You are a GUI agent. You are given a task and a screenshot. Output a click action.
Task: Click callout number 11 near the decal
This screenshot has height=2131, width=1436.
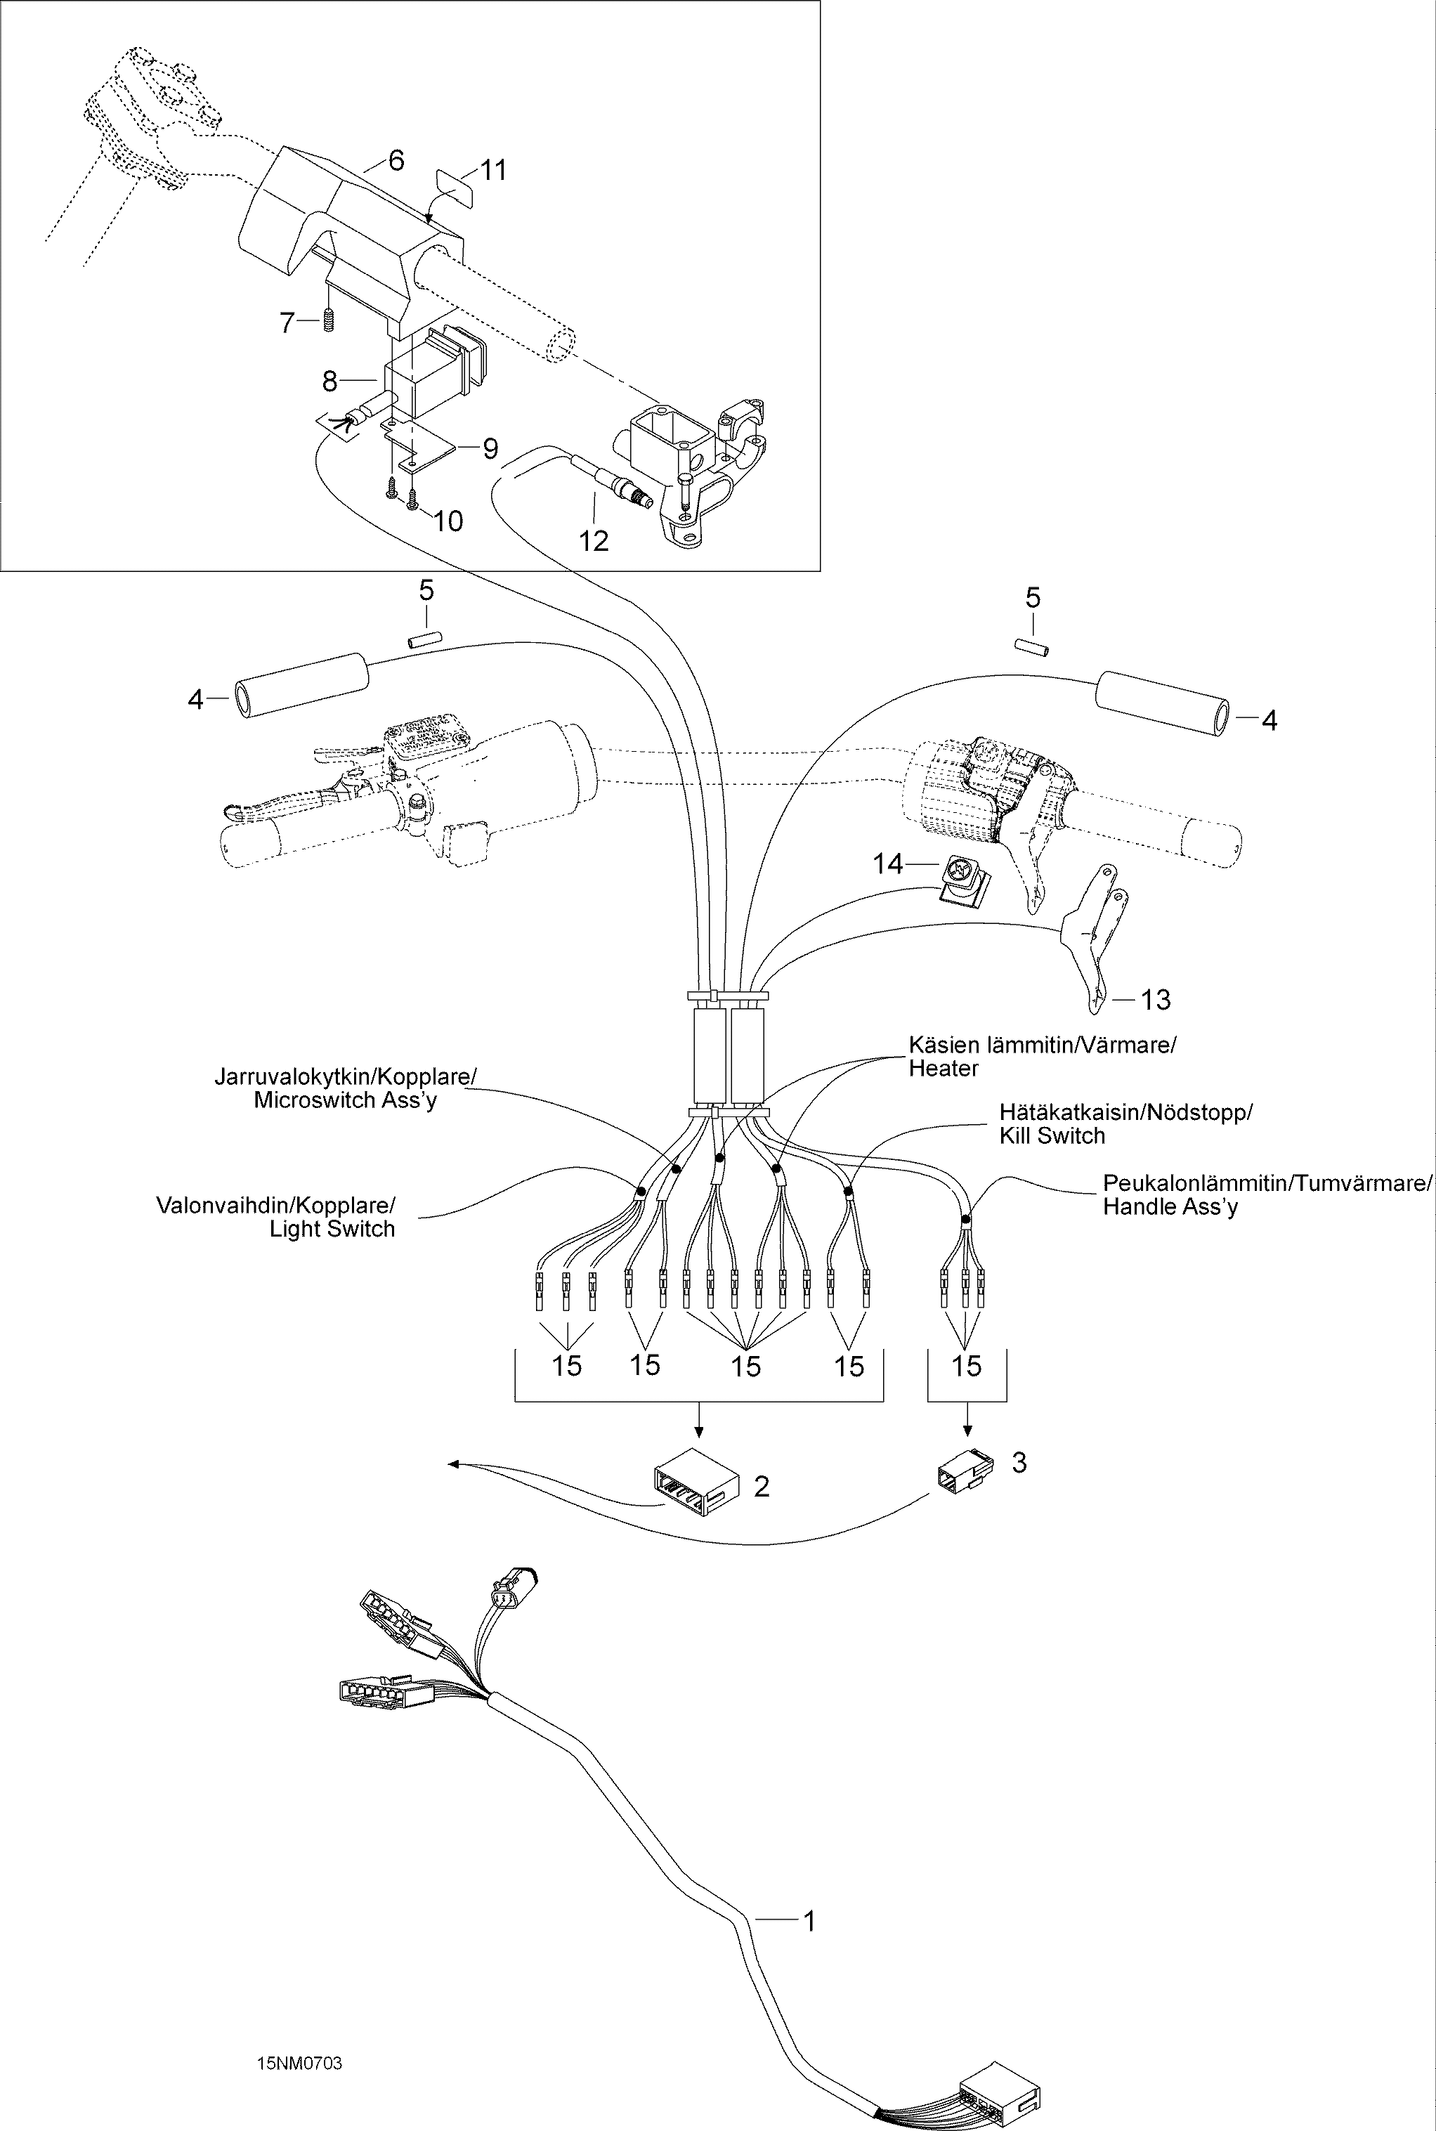tap(494, 169)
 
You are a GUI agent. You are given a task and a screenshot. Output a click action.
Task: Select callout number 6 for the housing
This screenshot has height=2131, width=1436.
tap(396, 160)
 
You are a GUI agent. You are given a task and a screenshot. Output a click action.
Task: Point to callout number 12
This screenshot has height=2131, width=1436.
tap(594, 540)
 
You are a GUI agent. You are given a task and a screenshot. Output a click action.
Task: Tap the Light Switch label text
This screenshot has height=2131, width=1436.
tap(332, 1229)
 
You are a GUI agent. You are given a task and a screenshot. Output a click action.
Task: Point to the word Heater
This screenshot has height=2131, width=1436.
tap(944, 1068)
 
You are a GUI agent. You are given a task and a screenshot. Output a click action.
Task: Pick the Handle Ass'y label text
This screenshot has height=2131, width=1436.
tap(1170, 1206)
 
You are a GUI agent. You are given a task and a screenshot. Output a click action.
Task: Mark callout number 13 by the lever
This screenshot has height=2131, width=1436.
tap(1155, 999)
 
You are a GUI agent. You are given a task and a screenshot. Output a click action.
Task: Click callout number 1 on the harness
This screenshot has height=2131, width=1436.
tap(808, 1920)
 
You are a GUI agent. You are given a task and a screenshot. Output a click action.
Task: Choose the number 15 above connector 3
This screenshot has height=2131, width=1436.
tap(966, 1367)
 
